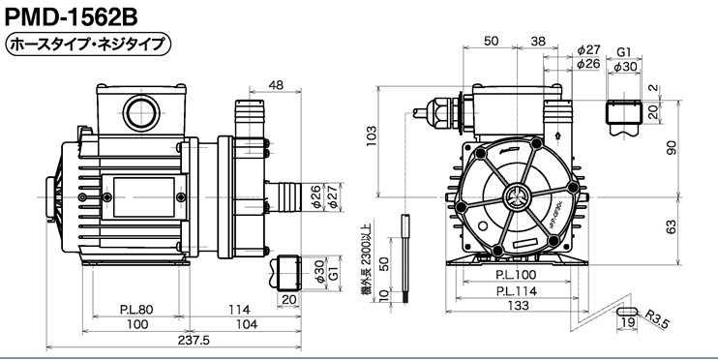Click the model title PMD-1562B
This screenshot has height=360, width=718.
[71, 17]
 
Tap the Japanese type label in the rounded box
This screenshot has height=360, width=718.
[87, 45]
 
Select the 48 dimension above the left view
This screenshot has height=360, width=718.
[276, 85]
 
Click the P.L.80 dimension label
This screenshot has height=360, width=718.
[136, 310]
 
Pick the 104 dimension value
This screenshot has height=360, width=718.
[248, 324]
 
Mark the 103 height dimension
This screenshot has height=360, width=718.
[371, 136]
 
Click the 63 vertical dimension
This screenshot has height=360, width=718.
[671, 227]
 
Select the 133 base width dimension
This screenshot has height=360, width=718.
[519, 306]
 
